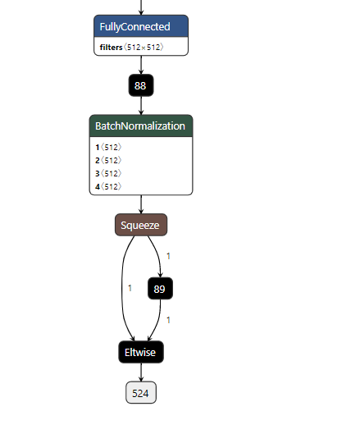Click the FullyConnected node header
(141, 26)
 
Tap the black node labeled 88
(141, 85)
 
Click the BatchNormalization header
(141, 126)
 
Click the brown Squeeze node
(141, 225)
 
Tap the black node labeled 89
(161, 289)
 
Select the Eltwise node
(141, 352)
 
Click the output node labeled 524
(141, 393)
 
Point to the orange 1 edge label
(130, 288)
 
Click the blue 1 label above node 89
(168, 256)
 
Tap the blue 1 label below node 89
(168, 320)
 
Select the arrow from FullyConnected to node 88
(141, 66)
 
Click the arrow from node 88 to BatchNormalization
(141, 106)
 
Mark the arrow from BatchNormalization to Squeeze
(141, 204)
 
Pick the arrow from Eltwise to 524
(141, 372)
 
